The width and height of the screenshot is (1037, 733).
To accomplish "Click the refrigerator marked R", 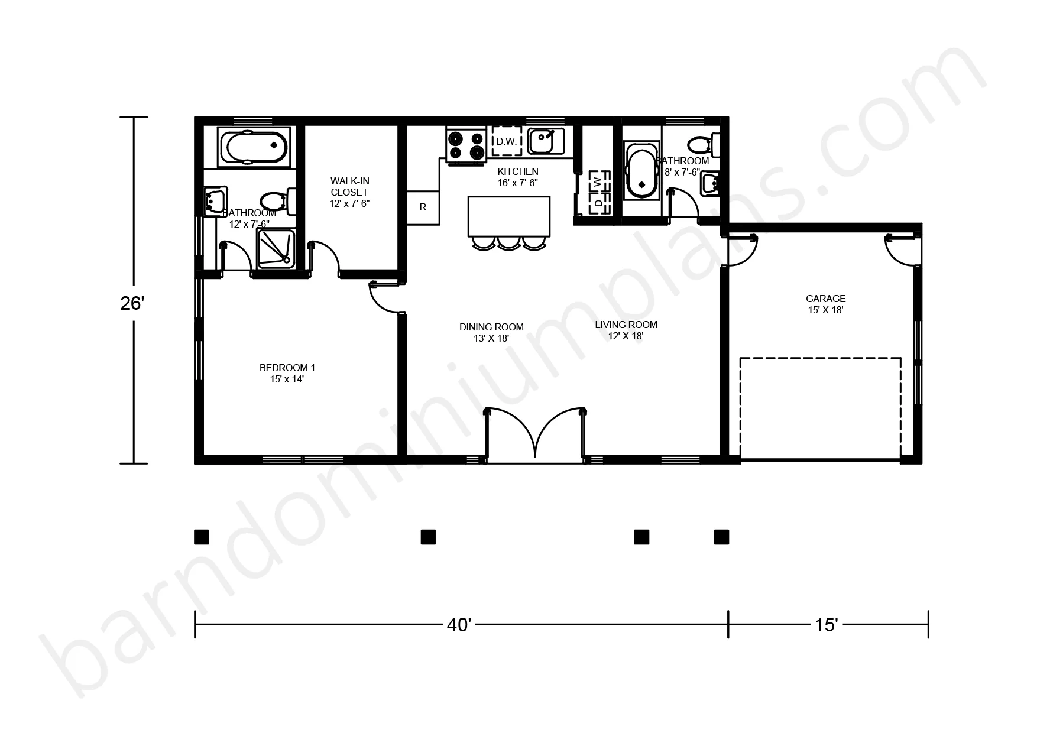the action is (x=423, y=207).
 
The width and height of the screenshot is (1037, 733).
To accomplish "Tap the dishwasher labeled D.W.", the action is (x=506, y=141).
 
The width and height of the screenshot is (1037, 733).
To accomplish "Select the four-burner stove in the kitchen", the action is (x=466, y=145).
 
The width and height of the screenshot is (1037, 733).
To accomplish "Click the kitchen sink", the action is (x=546, y=141).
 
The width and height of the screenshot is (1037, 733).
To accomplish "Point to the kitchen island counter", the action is (x=508, y=216).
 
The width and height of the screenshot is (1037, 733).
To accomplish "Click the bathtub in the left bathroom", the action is (x=254, y=146).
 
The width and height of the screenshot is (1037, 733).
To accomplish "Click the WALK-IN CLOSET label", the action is (x=349, y=192).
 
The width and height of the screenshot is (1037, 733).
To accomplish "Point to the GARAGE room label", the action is (x=825, y=304).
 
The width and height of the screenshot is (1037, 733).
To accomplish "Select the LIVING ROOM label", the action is (x=626, y=330).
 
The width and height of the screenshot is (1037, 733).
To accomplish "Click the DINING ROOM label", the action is (x=491, y=332).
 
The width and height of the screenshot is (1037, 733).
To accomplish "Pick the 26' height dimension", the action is (x=132, y=303).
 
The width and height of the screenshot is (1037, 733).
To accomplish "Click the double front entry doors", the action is (x=535, y=433).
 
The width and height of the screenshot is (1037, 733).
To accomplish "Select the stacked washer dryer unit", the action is (x=598, y=192).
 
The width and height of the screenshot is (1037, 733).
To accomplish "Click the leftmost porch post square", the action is (x=202, y=537).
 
